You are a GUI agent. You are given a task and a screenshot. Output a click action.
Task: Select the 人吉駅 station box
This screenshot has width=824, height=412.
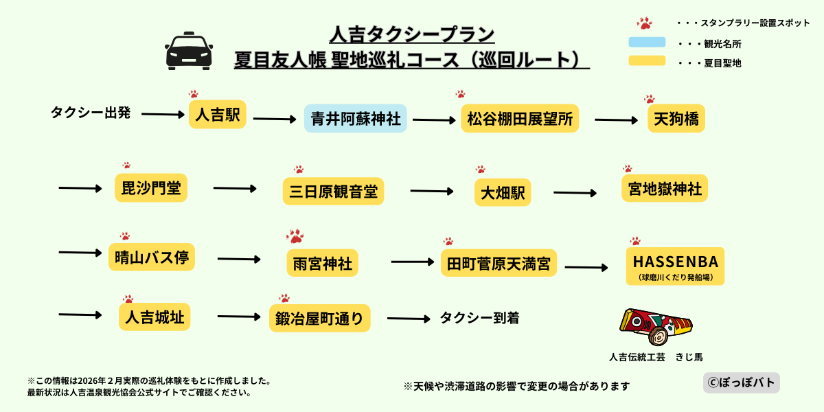[217, 115]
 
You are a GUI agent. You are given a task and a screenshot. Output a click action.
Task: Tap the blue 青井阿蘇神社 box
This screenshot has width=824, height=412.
[356, 119]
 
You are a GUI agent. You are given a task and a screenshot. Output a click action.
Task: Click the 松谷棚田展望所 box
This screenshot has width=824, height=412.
[520, 119]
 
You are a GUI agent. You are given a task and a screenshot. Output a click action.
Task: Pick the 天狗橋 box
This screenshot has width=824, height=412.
[676, 119]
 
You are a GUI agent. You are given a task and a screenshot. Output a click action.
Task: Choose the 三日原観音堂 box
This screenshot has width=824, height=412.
[333, 191]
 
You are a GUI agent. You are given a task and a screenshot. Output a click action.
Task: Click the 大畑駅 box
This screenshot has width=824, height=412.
[503, 193]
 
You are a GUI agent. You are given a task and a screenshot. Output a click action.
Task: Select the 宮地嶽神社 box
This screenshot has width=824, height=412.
[663, 188]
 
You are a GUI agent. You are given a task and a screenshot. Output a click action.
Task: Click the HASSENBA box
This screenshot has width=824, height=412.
[675, 266]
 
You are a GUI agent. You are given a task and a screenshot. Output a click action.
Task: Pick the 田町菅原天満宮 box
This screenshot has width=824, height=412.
[499, 263]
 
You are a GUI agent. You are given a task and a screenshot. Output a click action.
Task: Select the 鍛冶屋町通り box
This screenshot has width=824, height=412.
[319, 318]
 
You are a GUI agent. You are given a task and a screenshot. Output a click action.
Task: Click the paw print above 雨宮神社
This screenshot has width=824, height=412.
[295, 236]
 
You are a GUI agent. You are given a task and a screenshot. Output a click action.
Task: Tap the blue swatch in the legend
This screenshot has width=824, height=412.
[647, 43]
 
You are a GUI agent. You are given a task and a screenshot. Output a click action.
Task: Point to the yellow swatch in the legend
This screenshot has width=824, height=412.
[647, 61]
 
